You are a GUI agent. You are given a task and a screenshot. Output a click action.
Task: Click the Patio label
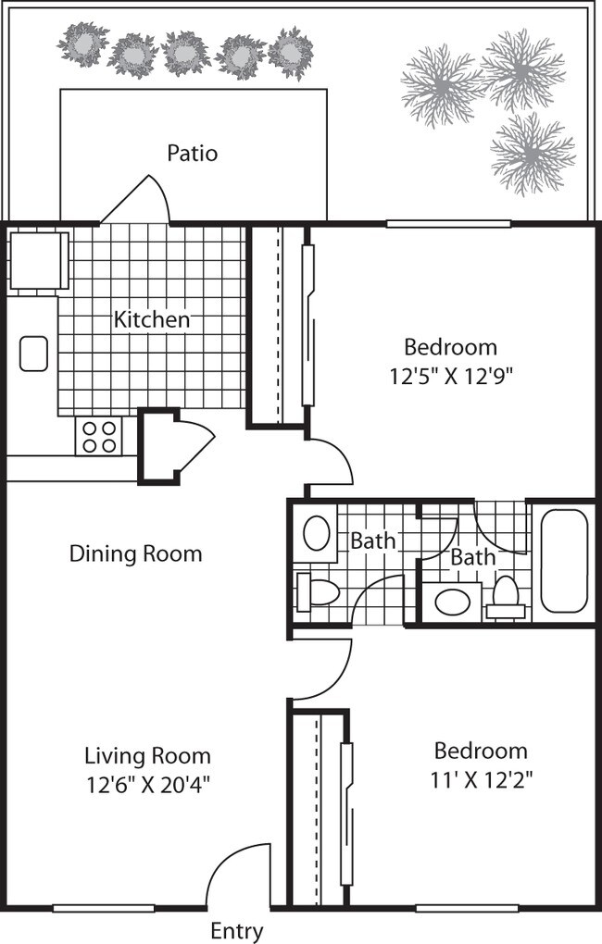point(193,153)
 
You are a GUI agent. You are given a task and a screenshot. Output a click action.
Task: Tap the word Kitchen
point(152,319)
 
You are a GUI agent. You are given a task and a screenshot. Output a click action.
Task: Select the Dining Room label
point(135,553)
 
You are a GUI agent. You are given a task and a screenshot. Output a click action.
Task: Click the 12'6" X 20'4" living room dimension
point(147,785)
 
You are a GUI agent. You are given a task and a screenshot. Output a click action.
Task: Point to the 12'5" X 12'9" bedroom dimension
point(451,377)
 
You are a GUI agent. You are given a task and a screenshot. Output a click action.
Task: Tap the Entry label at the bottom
point(237,931)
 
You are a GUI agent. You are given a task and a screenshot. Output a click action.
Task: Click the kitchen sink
point(33,354)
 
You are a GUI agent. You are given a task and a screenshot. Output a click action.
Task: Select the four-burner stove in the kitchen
point(99,436)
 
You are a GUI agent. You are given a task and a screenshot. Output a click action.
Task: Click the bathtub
point(563,561)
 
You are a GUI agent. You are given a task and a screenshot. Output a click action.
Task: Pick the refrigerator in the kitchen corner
point(37,259)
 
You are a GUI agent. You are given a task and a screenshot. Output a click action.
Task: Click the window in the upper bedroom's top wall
point(448,224)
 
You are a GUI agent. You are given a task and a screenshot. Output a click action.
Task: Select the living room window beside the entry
point(104,908)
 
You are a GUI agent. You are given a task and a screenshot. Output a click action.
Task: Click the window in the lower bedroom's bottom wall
point(466,908)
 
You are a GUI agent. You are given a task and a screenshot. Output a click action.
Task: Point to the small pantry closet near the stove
point(159,446)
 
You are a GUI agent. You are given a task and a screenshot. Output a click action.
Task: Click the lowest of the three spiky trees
point(533,155)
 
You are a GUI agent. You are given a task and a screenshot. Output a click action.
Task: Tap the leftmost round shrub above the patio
point(83,43)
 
